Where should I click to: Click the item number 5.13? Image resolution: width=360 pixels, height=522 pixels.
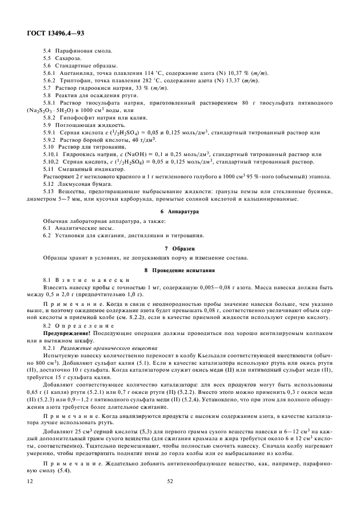(x=49, y=192)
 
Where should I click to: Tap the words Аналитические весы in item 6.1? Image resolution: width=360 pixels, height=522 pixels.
(x=81, y=228)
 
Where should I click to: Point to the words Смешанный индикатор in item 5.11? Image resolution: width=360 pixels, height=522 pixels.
(x=84, y=169)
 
